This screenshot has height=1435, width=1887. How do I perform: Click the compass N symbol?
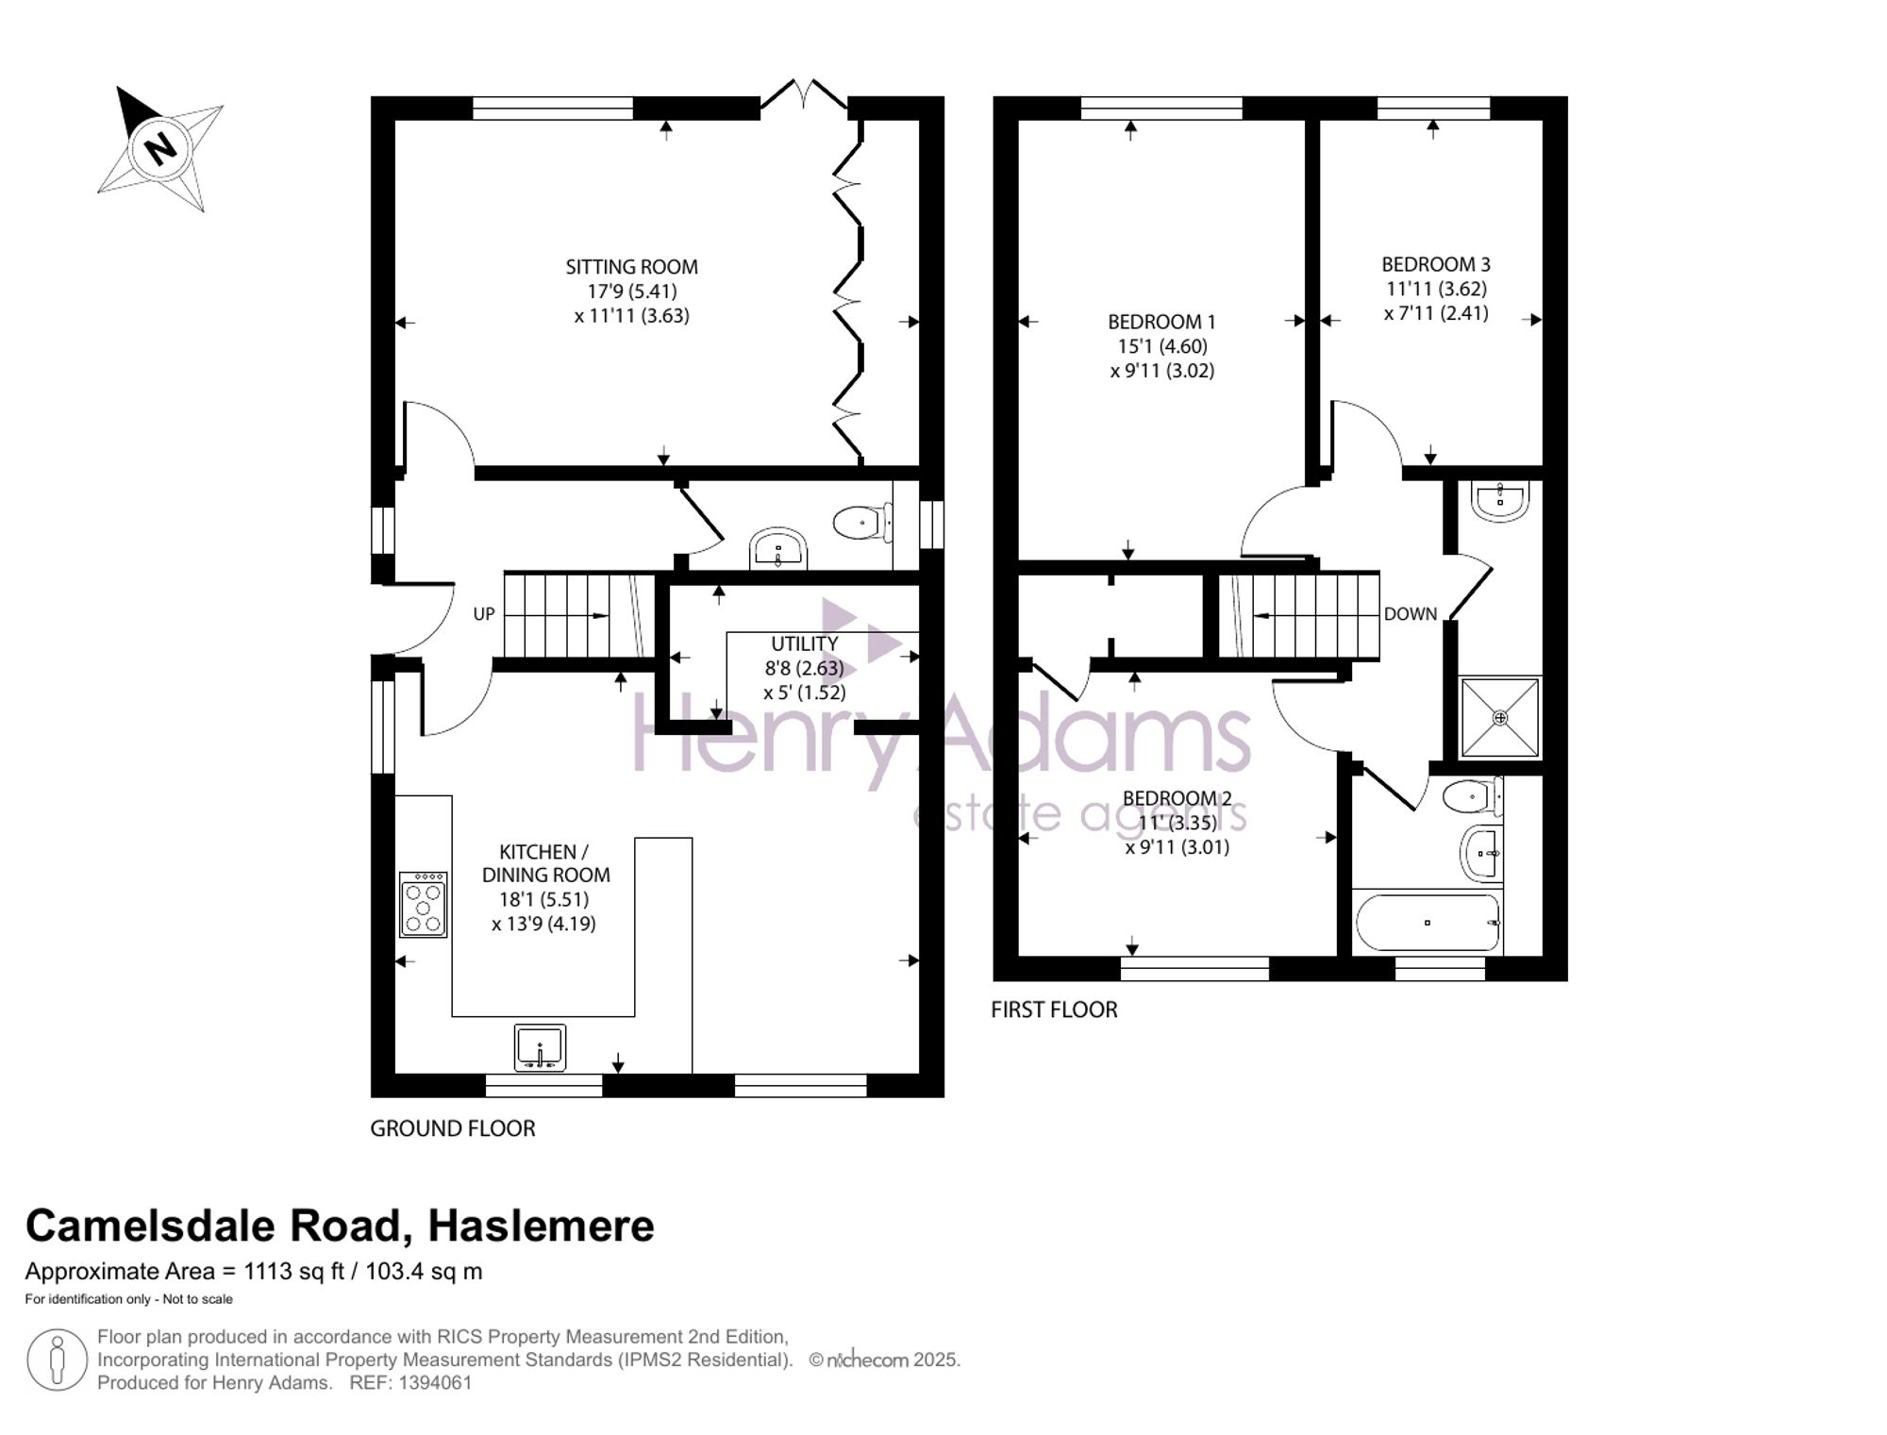pyautogui.click(x=160, y=148)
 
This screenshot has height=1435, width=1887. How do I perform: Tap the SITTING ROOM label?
pyautogui.click(x=631, y=267)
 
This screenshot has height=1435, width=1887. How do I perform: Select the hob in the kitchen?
pyautogui.click(x=424, y=904)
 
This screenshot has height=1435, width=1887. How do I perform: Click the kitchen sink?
pyautogui.click(x=541, y=1047)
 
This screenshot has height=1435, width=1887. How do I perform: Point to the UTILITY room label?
pyautogui.click(x=805, y=643)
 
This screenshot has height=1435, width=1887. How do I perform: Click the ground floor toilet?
pyautogui.click(x=862, y=523)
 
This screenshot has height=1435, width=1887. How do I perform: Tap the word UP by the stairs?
pyautogui.click(x=484, y=614)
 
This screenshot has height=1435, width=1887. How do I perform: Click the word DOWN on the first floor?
pyautogui.click(x=1411, y=614)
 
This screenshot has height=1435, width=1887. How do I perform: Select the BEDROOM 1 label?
pyautogui.click(x=1161, y=322)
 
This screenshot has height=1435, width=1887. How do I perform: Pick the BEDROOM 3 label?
pyautogui.click(x=1436, y=264)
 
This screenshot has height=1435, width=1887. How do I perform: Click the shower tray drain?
pyautogui.click(x=1500, y=718)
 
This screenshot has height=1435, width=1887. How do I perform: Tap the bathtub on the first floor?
pyautogui.click(x=1427, y=923)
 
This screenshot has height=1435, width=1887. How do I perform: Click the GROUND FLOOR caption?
pyautogui.click(x=453, y=1128)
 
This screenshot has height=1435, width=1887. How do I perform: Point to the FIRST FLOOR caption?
pyautogui.click(x=1054, y=1010)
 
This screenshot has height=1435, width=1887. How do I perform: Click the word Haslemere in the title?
pyautogui.click(x=541, y=1226)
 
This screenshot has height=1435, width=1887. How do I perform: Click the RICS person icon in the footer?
pyautogui.click(x=58, y=1360)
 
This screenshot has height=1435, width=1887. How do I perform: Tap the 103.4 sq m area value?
pyautogui.click(x=424, y=1271)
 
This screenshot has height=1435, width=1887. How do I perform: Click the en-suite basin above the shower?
pyautogui.click(x=1500, y=502)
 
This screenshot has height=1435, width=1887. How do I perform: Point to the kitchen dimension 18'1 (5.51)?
pyautogui.click(x=535, y=899)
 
